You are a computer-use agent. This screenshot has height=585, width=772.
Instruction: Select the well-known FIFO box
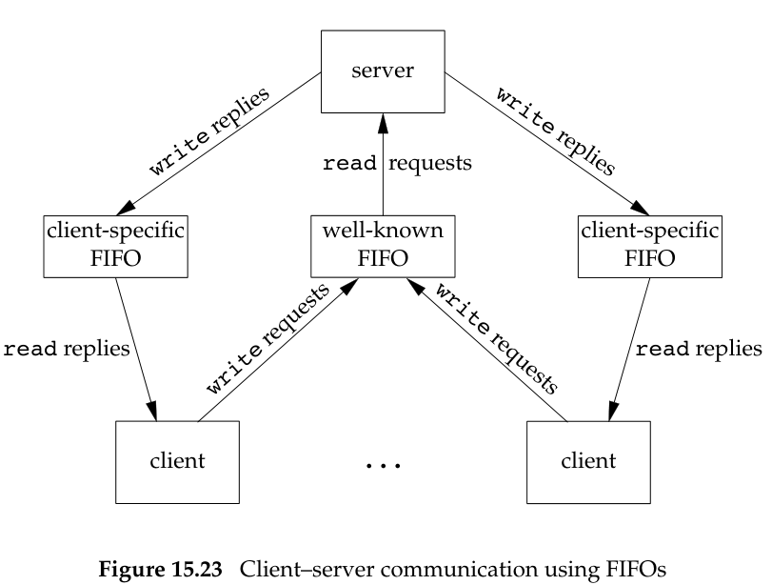point(383,244)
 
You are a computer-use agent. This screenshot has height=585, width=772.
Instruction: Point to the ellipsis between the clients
point(383,466)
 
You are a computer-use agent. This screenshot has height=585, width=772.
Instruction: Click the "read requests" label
point(398,163)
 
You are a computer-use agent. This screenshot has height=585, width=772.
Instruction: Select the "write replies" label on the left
point(208,131)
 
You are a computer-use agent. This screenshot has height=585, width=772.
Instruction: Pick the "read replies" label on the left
point(67,349)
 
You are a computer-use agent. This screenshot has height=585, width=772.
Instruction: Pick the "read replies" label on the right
point(698,349)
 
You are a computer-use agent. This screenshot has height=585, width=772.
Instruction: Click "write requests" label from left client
point(269,341)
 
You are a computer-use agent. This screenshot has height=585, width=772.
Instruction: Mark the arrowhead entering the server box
point(383,118)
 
